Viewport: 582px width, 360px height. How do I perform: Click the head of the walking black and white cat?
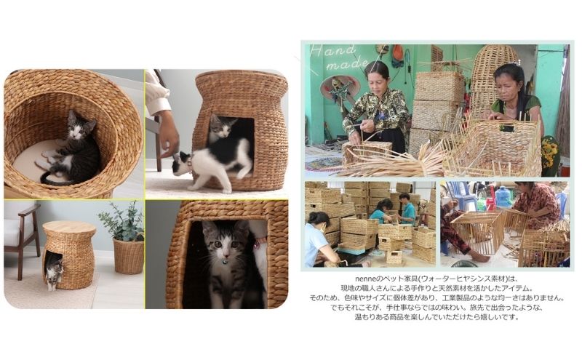pyautogui.click(x=181, y=163)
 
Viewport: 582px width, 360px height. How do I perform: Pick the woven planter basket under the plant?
pyautogui.click(x=129, y=256)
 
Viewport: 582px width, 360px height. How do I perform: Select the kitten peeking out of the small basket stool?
pyautogui.click(x=54, y=272)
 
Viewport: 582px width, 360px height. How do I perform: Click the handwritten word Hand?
pyautogui.click(x=334, y=51)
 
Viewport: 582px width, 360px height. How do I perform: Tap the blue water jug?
pyautogui.click(x=503, y=196)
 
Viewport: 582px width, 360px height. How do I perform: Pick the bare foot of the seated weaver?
pyautogui.click(x=479, y=257)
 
